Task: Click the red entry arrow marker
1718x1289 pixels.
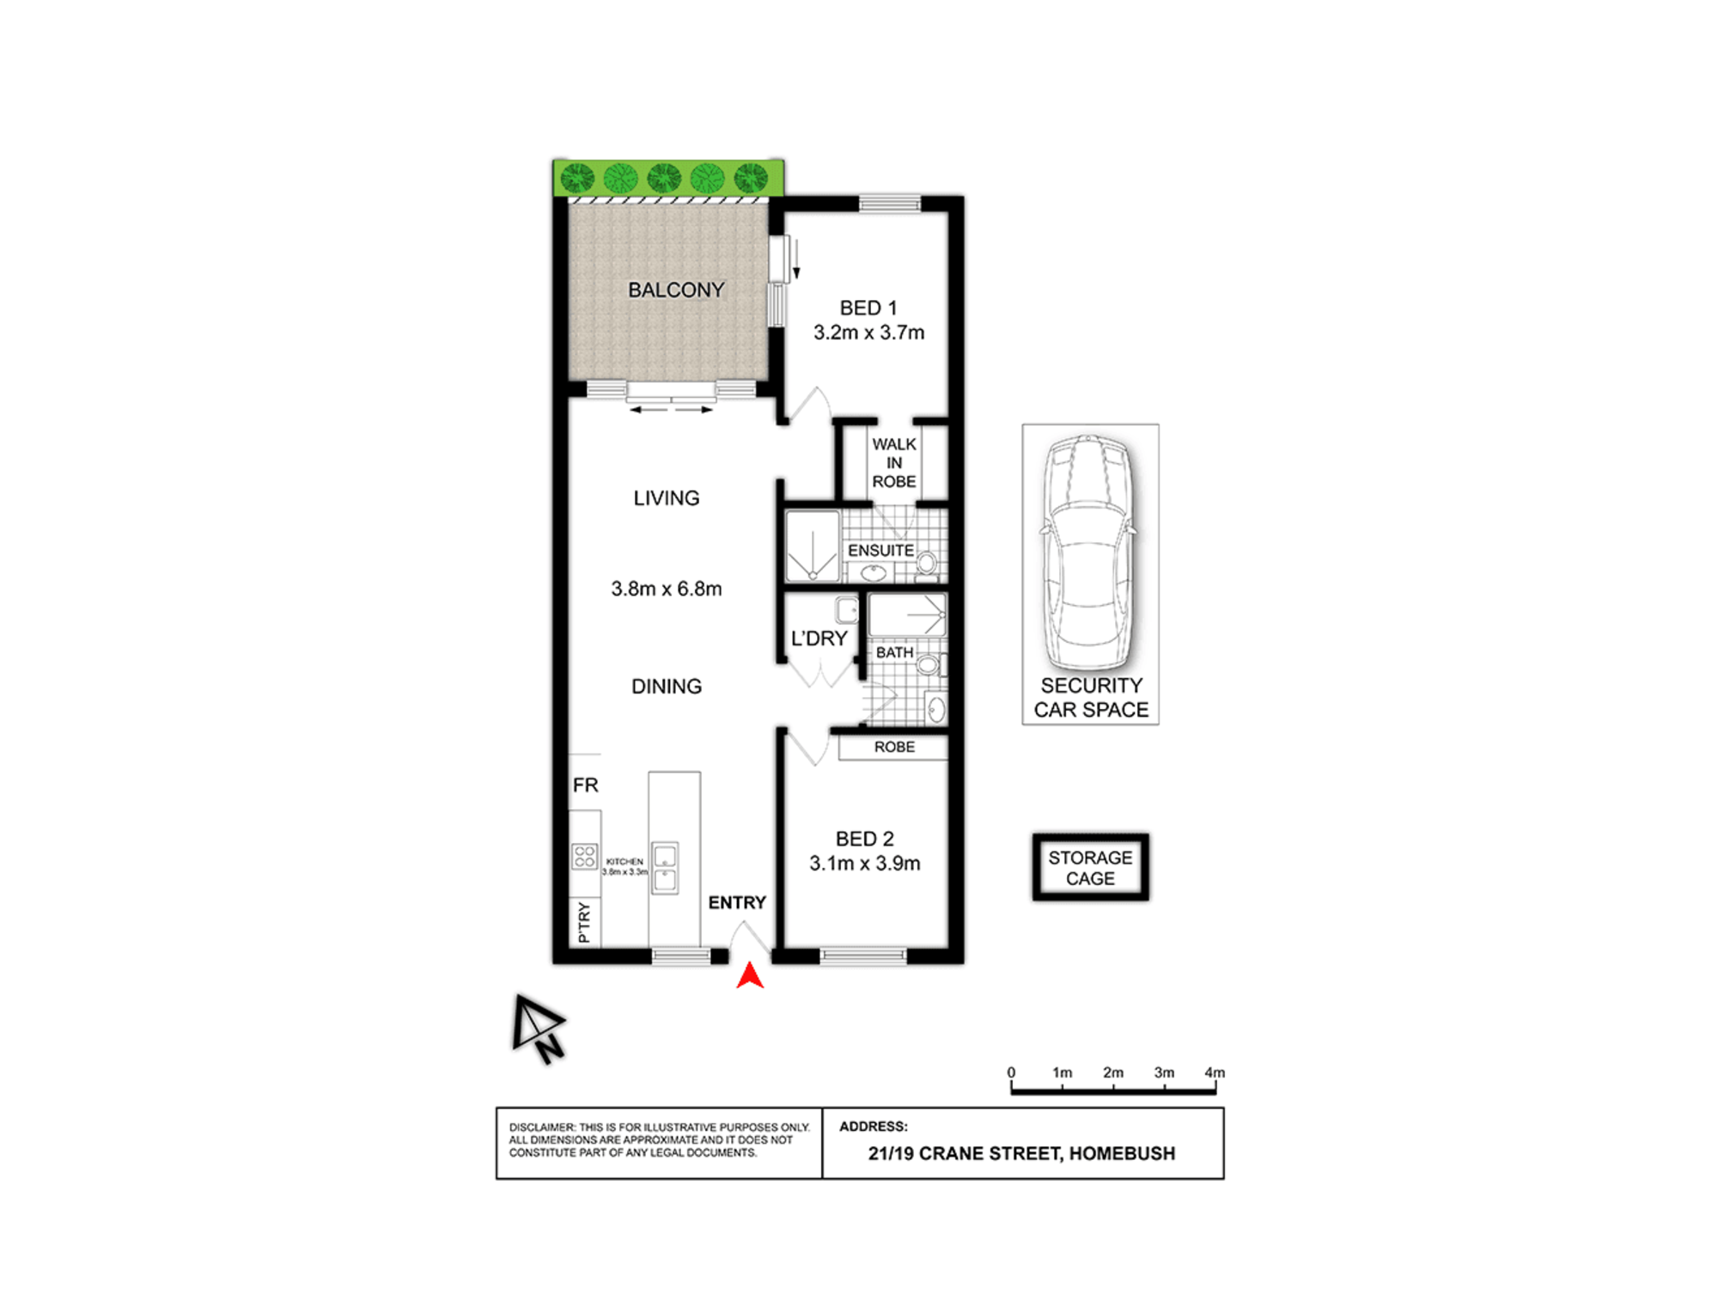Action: tap(750, 975)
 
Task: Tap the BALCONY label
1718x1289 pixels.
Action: tap(676, 290)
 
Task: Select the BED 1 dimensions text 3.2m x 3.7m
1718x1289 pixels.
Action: tap(868, 333)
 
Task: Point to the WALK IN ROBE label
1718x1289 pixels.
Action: tap(893, 463)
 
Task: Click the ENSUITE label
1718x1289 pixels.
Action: tap(880, 551)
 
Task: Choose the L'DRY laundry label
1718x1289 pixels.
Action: tap(819, 638)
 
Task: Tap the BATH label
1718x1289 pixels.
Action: tap(894, 653)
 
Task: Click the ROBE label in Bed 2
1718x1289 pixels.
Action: tap(894, 748)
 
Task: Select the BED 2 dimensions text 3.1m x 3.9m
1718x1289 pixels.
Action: tap(864, 864)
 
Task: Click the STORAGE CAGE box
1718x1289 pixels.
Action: tap(1090, 868)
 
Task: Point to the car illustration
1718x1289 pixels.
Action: tap(1089, 550)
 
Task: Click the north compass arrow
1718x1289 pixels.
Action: tap(537, 1029)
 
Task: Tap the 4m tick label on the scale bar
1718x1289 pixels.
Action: tap(1214, 1072)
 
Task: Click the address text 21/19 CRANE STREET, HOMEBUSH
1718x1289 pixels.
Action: tap(1021, 1153)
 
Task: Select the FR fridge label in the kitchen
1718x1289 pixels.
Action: tap(585, 785)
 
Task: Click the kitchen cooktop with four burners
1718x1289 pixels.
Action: tap(585, 856)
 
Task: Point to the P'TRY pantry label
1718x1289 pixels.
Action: tap(584, 923)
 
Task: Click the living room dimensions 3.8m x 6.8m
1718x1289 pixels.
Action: tap(666, 590)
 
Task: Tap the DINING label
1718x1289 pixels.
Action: tap(667, 687)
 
